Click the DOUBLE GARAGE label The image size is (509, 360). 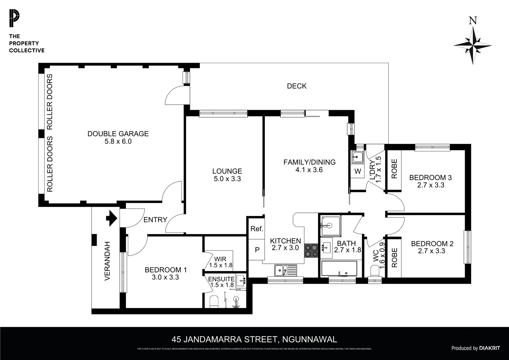click(118, 134)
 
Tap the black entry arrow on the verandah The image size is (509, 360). click(112, 219)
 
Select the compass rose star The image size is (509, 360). click(473, 45)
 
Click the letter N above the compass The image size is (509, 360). click(472, 21)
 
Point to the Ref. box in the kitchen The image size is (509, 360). click(257, 229)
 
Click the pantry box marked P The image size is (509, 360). click(257, 249)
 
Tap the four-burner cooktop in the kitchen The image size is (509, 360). click(311, 251)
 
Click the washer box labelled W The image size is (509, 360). click(358, 171)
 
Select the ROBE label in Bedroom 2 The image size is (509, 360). click(394, 258)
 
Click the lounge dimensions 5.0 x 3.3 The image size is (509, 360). click(227, 179)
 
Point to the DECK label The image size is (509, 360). click(296, 86)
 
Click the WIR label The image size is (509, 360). click(220, 259)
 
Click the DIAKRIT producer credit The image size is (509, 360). click(489, 348)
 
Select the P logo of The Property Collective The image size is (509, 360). click(15, 19)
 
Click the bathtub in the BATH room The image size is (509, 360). click(339, 268)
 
